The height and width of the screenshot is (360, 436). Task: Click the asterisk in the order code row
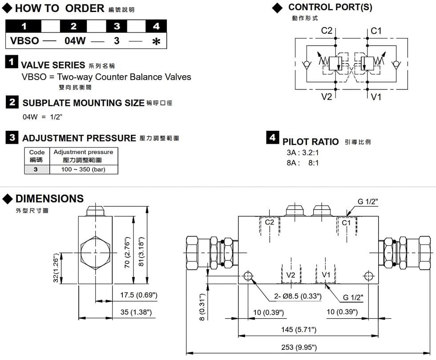[156, 42]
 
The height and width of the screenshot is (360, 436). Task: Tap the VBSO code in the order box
[25, 41]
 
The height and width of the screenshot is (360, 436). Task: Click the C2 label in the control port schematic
[327, 31]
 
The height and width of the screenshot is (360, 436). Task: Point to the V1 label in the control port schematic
[376, 97]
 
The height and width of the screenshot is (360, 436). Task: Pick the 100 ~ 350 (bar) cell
[83, 170]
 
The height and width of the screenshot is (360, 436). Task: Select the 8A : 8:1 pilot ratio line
[303, 163]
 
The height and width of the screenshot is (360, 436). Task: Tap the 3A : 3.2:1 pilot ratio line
[303, 153]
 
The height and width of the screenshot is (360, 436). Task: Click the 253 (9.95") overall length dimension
[300, 347]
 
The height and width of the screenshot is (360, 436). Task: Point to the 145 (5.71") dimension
[299, 330]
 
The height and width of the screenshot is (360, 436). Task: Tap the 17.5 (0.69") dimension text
[139, 295]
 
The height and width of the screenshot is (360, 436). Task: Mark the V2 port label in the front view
[291, 275]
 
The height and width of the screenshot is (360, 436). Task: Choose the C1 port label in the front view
[347, 222]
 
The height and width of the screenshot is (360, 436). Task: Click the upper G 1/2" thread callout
[367, 201]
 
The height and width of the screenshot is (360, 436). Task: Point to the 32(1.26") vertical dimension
[56, 268]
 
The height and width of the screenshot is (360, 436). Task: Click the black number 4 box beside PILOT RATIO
[272, 138]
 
